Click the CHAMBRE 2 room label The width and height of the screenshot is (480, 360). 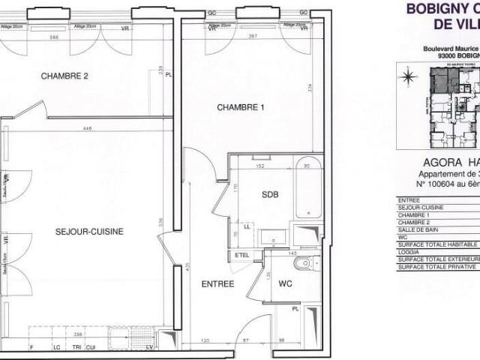coord(65,76)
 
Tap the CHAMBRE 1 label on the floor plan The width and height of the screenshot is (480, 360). coord(241,108)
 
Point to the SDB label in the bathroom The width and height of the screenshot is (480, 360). coord(270,194)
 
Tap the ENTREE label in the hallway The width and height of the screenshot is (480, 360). coord(218,284)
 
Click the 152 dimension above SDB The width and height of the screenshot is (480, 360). coord(262,166)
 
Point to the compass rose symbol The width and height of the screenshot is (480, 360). coord(408,75)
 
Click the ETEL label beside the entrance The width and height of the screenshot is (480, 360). coord(241,255)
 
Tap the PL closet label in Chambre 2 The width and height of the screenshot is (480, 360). coord(169,74)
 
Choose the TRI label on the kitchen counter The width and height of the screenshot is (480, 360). coord(76,346)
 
